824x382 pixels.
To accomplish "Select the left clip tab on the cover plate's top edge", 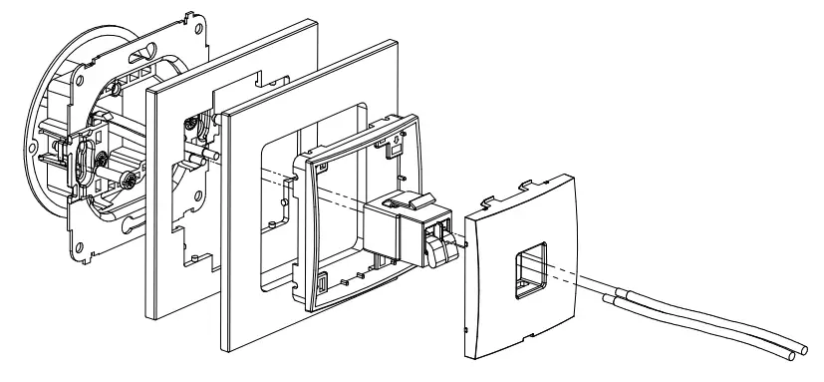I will point(486,204).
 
